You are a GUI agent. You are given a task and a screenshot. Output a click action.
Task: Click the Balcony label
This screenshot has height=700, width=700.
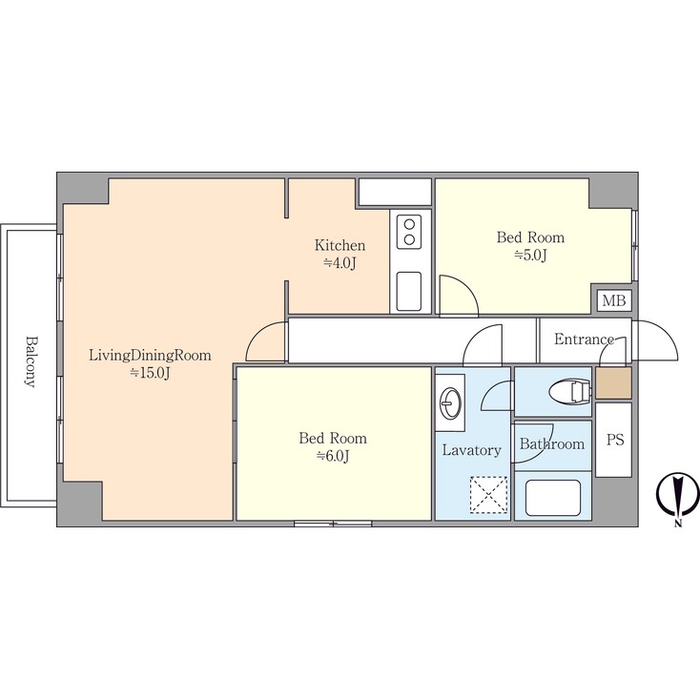click(30, 361)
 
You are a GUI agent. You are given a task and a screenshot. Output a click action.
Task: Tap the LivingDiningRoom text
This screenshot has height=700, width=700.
click(150, 356)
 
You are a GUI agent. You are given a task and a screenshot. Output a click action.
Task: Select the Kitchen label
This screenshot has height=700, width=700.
click(340, 245)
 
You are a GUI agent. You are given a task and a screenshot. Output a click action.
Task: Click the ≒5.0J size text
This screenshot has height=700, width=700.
click(530, 255)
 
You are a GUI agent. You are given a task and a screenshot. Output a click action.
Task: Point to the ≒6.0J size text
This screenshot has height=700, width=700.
click(333, 456)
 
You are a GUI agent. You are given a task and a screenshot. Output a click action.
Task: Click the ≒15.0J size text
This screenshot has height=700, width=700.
click(150, 373)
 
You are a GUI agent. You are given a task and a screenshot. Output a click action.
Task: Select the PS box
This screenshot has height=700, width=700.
click(614, 440)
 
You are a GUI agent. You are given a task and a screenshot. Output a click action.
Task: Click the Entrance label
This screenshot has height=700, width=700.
click(584, 340)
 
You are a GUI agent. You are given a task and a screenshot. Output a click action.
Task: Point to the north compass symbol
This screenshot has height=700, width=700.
click(677, 496)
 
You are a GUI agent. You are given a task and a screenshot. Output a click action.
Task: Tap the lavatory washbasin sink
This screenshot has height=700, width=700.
click(450, 402)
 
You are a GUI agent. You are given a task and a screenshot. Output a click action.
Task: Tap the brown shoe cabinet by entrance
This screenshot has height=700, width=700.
click(613, 382)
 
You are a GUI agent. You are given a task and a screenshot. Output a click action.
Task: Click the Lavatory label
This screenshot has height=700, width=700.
click(471, 450)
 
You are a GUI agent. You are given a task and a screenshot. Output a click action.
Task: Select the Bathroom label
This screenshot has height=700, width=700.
click(552, 443)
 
